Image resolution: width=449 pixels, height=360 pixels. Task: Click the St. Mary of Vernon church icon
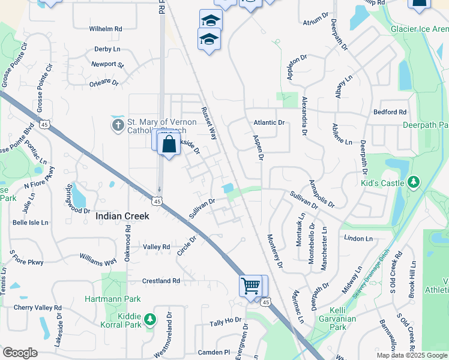pyautogui.click(x=118, y=125)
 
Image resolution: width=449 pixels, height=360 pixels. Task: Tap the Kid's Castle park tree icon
pyautogui.click(x=413, y=181)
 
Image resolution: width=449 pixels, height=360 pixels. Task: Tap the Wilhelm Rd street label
pyautogui.click(x=106, y=28)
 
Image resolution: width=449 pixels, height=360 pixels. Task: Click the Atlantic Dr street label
pyautogui.click(x=268, y=122)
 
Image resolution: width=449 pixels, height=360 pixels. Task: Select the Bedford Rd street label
pyautogui.click(x=390, y=112)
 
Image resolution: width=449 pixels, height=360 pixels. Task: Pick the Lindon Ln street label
pyautogui.click(x=358, y=238)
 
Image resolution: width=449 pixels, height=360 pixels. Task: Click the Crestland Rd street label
pyautogui.click(x=161, y=281)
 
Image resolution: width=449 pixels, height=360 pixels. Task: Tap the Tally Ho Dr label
pyautogui.click(x=226, y=323)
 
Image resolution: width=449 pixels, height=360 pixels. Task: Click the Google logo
pyautogui.click(x=20, y=353)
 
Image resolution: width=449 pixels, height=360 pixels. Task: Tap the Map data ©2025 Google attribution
pyautogui.click(x=412, y=355)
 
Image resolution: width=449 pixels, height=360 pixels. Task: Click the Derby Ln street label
pyautogui.click(x=107, y=50)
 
